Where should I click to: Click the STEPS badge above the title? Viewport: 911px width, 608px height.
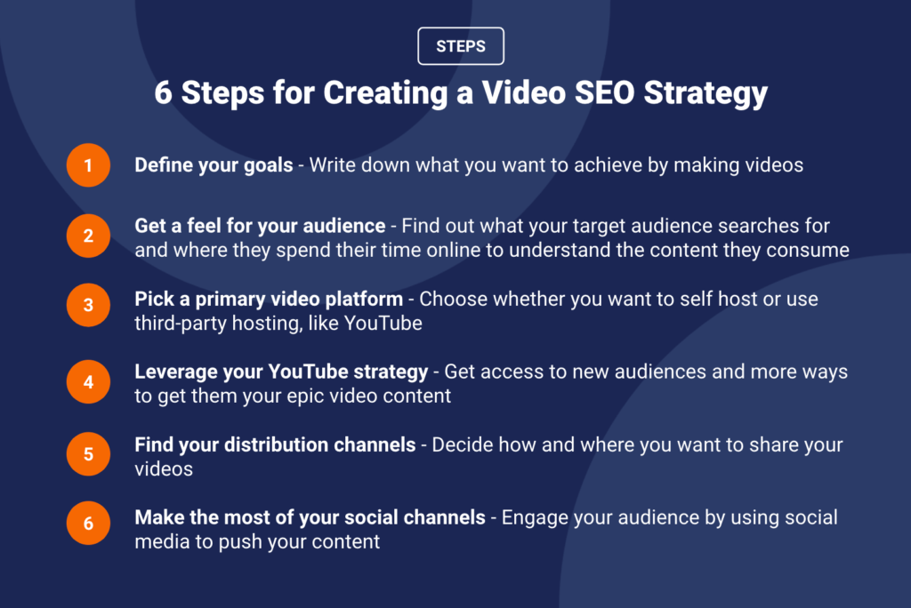pyautogui.click(x=461, y=46)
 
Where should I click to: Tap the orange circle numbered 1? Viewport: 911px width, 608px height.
pyautogui.click(x=88, y=165)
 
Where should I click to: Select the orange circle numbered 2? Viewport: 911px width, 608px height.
pyautogui.click(x=88, y=236)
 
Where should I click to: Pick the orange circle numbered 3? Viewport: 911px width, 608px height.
pyautogui.click(x=88, y=305)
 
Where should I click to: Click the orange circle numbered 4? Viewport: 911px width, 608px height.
pyautogui.click(x=88, y=381)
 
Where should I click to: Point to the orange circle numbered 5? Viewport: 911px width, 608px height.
pyautogui.click(x=88, y=454)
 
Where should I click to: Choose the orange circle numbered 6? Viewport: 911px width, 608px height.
pyautogui.click(x=88, y=524)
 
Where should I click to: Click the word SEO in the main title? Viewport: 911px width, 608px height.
pyautogui.click(x=604, y=92)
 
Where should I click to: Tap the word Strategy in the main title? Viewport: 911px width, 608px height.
pyautogui.click(x=705, y=94)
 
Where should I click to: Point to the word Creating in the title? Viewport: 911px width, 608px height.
pyautogui.click(x=385, y=94)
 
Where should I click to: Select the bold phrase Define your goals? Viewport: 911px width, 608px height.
pyautogui.click(x=214, y=165)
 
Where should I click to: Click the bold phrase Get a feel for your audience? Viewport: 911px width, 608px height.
pyautogui.click(x=260, y=226)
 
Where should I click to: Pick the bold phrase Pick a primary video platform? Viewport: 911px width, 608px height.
pyautogui.click(x=269, y=300)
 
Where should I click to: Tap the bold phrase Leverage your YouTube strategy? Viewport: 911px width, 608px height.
pyautogui.click(x=281, y=372)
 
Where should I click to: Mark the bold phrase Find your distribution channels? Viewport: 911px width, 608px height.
pyautogui.click(x=275, y=444)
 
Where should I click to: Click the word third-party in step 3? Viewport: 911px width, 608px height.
pyautogui.click(x=181, y=324)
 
